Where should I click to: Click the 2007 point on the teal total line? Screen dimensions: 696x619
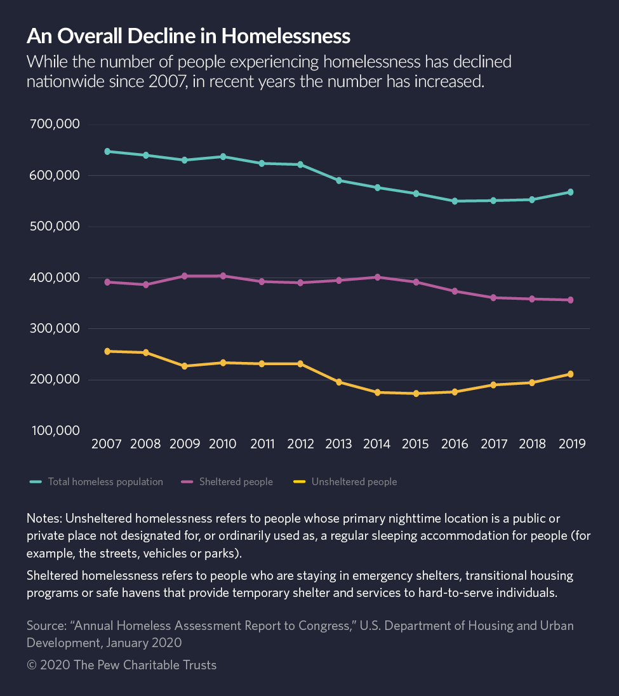pos(107,151)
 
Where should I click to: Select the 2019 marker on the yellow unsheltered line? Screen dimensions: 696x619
pos(570,374)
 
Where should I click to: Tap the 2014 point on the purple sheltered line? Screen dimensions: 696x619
pos(377,277)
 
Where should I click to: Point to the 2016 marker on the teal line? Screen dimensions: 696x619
pos(455,201)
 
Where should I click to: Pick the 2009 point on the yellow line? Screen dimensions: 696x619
pos(185,366)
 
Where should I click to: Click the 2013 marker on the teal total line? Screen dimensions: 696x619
pos(338,180)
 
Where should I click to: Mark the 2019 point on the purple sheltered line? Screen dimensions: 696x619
pos(570,300)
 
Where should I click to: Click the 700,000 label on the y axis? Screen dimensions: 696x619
pos(55,124)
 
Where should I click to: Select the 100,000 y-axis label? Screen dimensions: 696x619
pos(55,431)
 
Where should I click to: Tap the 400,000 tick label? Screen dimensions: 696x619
pos(55,278)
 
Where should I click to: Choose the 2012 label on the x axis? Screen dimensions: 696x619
pos(300,444)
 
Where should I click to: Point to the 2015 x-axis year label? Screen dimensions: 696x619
pos(416,444)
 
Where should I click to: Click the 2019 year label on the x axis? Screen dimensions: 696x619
pos(570,444)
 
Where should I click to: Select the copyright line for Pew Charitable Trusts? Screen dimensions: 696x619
pos(121,665)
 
